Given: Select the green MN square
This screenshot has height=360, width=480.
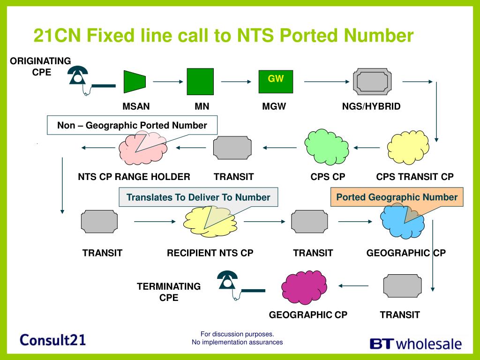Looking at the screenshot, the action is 200,82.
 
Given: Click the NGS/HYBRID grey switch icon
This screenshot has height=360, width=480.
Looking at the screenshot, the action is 370,82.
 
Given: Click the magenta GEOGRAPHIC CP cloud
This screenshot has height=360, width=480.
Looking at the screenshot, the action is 304,286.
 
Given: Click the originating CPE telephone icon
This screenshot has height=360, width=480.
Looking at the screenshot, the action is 79,76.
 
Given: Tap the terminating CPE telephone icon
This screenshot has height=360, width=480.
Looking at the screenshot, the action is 228,281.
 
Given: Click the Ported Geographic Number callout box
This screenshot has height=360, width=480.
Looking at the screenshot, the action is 397,197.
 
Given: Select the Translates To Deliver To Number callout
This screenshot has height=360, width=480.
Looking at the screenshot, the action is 198,197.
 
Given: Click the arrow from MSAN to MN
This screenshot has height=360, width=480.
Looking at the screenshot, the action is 168,82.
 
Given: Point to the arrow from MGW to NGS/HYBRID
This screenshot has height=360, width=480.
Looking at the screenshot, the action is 324,82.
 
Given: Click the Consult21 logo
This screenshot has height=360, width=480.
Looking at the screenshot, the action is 53,340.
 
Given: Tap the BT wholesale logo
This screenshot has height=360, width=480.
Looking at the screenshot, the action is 416,344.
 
